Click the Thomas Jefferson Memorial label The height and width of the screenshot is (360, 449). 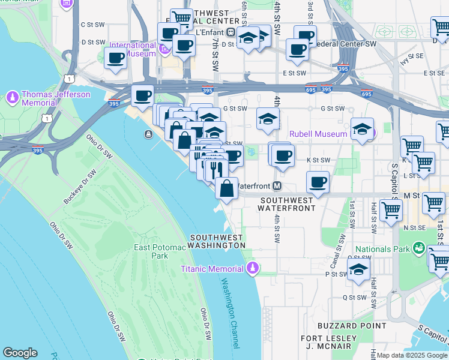click(x=55, y=98)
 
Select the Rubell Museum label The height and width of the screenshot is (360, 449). click(x=318, y=134)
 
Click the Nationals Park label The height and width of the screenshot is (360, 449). click(x=382, y=249)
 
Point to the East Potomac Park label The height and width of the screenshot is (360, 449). click(x=151, y=251)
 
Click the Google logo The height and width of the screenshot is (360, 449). click(x=20, y=353)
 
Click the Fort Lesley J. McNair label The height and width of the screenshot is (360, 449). click(x=332, y=342)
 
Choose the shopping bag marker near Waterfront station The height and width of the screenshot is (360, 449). click(x=227, y=188)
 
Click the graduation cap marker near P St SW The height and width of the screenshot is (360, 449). click(x=358, y=270)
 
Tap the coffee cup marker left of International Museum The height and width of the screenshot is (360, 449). click(x=115, y=58)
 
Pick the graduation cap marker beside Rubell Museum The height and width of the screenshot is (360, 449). click(x=362, y=130)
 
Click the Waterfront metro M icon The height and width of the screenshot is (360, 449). click(x=278, y=186)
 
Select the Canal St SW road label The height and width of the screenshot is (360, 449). click(x=338, y=243)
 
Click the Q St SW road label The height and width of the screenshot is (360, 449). click(x=354, y=297)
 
